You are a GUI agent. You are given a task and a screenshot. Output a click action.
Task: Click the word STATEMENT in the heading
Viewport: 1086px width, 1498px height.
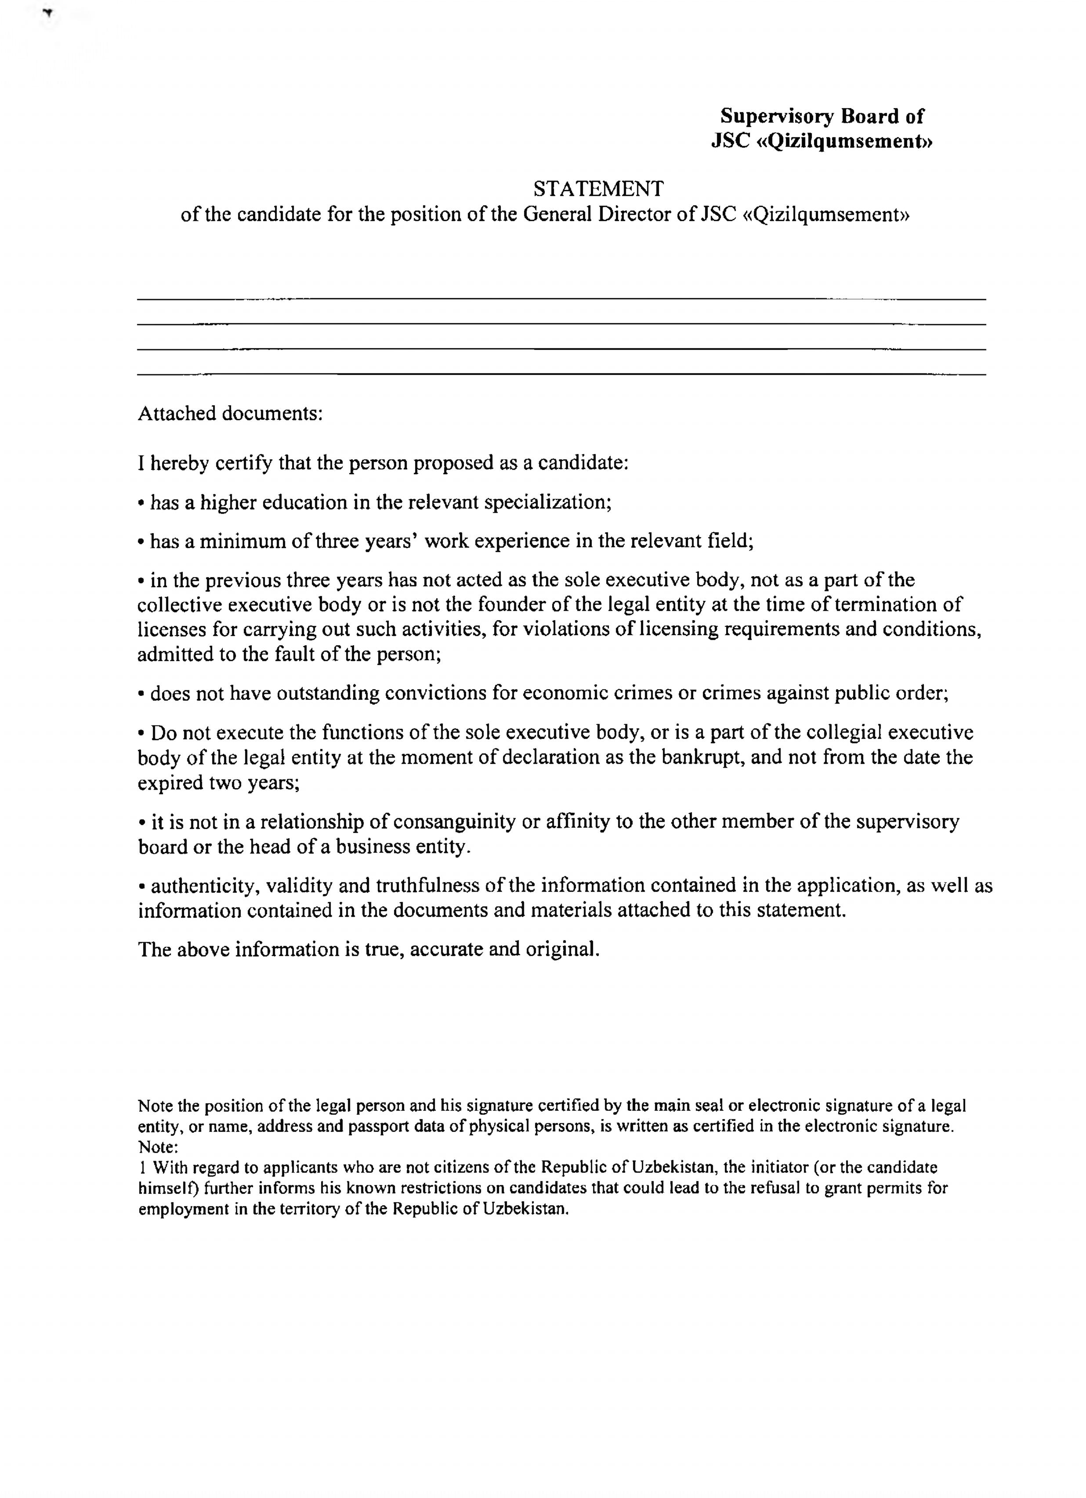pos(598,189)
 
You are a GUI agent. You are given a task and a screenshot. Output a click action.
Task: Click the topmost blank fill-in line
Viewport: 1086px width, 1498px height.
pos(561,299)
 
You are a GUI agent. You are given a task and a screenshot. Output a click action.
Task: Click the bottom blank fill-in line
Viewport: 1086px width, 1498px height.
pos(561,374)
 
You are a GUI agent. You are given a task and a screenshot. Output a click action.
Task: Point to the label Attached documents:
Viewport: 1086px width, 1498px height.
pos(230,414)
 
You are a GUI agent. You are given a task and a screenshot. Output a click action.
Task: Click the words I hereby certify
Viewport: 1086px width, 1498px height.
pos(205,463)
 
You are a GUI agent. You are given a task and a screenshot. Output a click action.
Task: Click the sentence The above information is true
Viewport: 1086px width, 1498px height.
pos(369,950)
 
